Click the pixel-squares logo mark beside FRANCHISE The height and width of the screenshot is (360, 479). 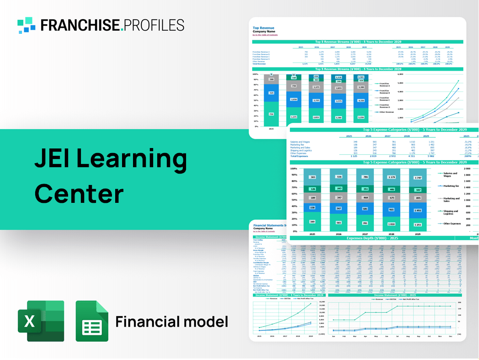[27, 25]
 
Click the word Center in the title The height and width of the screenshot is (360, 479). [79, 193]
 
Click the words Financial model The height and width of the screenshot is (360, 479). [171, 322]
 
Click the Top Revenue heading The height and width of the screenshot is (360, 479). [264, 28]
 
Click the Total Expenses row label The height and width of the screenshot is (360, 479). [299, 156]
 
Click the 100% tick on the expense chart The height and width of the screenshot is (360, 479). [294, 169]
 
